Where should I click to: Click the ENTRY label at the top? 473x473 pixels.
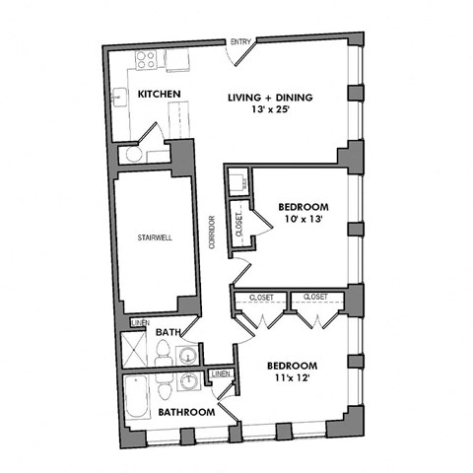(240, 41)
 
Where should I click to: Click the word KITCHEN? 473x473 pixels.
(160, 95)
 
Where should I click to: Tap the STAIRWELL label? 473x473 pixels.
(155, 237)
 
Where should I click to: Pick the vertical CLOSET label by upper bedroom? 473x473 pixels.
(238, 225)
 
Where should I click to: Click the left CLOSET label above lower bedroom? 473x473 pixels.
(261, 296)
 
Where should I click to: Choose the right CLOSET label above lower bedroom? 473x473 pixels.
(315, 296)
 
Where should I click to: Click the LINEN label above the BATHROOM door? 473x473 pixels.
(220, 373)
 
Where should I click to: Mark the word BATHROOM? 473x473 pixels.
(187, 412)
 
